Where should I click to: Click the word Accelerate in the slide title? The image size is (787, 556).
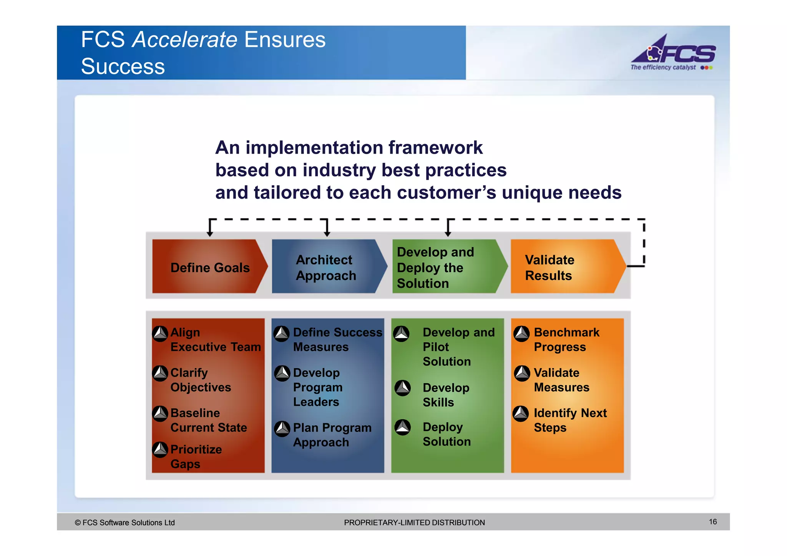click(185, 40)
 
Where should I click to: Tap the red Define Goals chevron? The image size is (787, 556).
click(209, 267)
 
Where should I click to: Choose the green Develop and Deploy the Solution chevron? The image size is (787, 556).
click(448, 267)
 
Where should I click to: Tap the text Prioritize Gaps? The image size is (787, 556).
click(196, 456)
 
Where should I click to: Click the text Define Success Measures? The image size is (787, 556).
click(337, 339)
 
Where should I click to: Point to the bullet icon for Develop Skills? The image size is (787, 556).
click(403, 388)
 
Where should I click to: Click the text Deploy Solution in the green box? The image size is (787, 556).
click(446, 434)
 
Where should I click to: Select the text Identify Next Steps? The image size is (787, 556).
click(570, 420)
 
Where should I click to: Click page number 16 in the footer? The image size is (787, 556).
click(713, 521)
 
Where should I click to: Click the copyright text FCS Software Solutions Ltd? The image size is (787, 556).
click(125, 523)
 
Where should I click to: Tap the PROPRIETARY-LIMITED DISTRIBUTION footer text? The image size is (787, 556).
click(414, 523)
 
